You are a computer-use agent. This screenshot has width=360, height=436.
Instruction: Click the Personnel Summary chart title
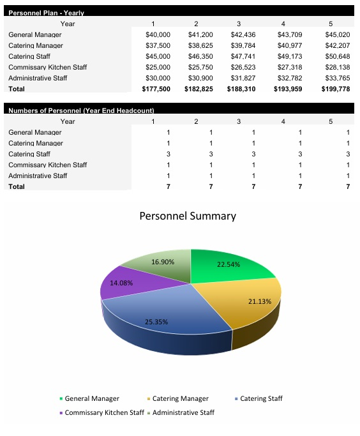tap(188, 216)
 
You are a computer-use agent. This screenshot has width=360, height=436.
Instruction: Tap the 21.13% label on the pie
tap(260, 301)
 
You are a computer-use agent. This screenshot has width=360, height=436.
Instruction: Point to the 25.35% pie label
tap(156, 322)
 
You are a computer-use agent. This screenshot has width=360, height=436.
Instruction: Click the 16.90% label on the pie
tap(163, 262)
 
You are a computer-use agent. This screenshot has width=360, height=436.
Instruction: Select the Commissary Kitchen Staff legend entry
tap(104, 412)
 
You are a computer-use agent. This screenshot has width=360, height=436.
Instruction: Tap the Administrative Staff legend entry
tap(183, 412)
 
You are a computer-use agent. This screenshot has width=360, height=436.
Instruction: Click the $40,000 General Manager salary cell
tap(158, 34)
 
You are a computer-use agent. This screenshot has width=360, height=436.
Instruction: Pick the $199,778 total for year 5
tap(337, 89)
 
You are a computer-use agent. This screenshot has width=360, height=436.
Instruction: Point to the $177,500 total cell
tap(157, 89)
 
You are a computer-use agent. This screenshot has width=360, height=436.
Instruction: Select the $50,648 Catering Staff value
tap(338, 56)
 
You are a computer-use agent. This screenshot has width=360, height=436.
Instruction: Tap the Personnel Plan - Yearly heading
tap(46, 13)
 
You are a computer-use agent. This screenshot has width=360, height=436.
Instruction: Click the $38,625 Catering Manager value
tap(200, 45)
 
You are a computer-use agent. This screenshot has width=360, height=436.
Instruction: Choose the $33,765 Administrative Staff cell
tap(338, 78)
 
